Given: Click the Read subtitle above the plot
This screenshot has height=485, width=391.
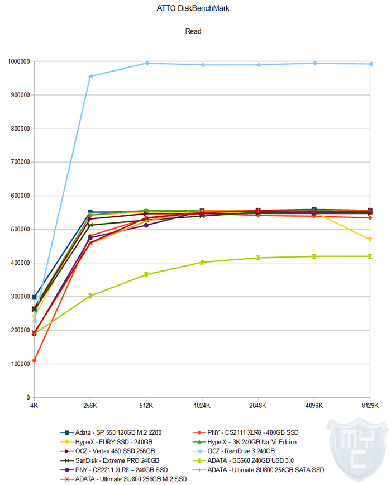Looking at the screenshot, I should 193,31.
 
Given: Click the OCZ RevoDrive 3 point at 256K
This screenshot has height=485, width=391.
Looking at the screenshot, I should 90,76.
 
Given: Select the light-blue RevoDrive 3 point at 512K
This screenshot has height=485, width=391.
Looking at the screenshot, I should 146,63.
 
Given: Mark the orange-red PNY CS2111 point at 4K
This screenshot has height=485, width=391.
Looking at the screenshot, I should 34,360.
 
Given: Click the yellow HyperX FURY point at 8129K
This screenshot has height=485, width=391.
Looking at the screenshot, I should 370,240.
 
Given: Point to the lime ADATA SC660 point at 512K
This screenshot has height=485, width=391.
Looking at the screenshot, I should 146,275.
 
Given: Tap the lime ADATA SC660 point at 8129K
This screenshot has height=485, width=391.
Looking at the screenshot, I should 370,256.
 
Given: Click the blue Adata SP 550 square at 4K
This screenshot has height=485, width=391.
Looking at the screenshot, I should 34,297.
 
